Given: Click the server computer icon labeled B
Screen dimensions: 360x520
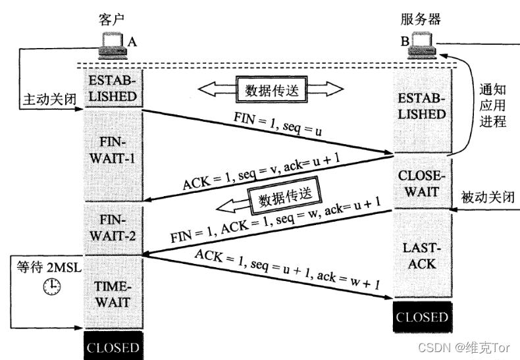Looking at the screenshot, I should pyautogui.click(x=421, y=45).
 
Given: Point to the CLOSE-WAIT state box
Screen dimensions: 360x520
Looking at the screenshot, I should pyautogui.click(x=422, y=183).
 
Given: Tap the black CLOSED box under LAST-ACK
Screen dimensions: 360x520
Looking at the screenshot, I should pyautogui.click(x=422, y=317).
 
